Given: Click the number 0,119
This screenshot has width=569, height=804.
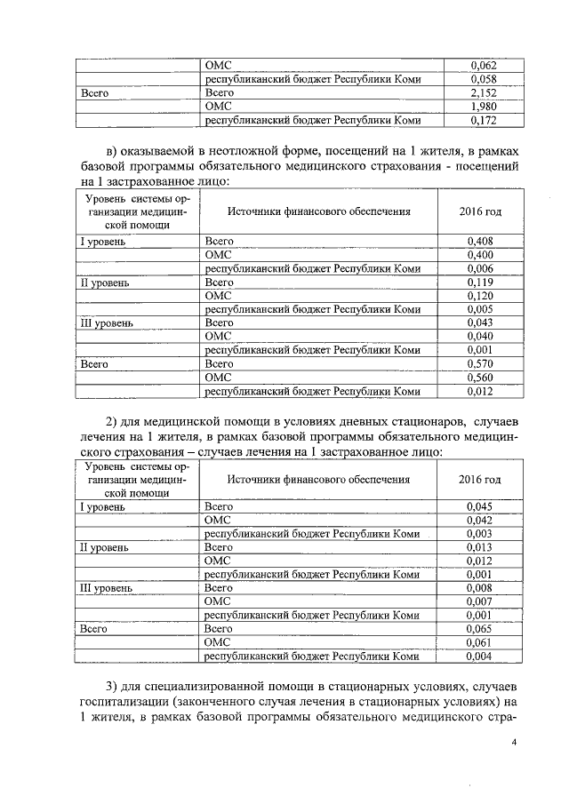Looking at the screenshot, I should [x=481, y=283].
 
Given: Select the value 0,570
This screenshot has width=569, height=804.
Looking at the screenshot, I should [x=481, y=364].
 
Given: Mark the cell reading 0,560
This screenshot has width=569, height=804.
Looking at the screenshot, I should [x=481, y=378].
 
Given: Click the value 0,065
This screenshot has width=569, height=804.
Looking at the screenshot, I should [x=481, y=629].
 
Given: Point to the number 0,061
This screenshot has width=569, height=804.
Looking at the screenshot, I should [x=481, y=642].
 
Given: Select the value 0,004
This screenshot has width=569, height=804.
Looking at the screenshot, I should [x=481, y=657].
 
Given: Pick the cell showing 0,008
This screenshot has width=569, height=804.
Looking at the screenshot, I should [x=481, y=588].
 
